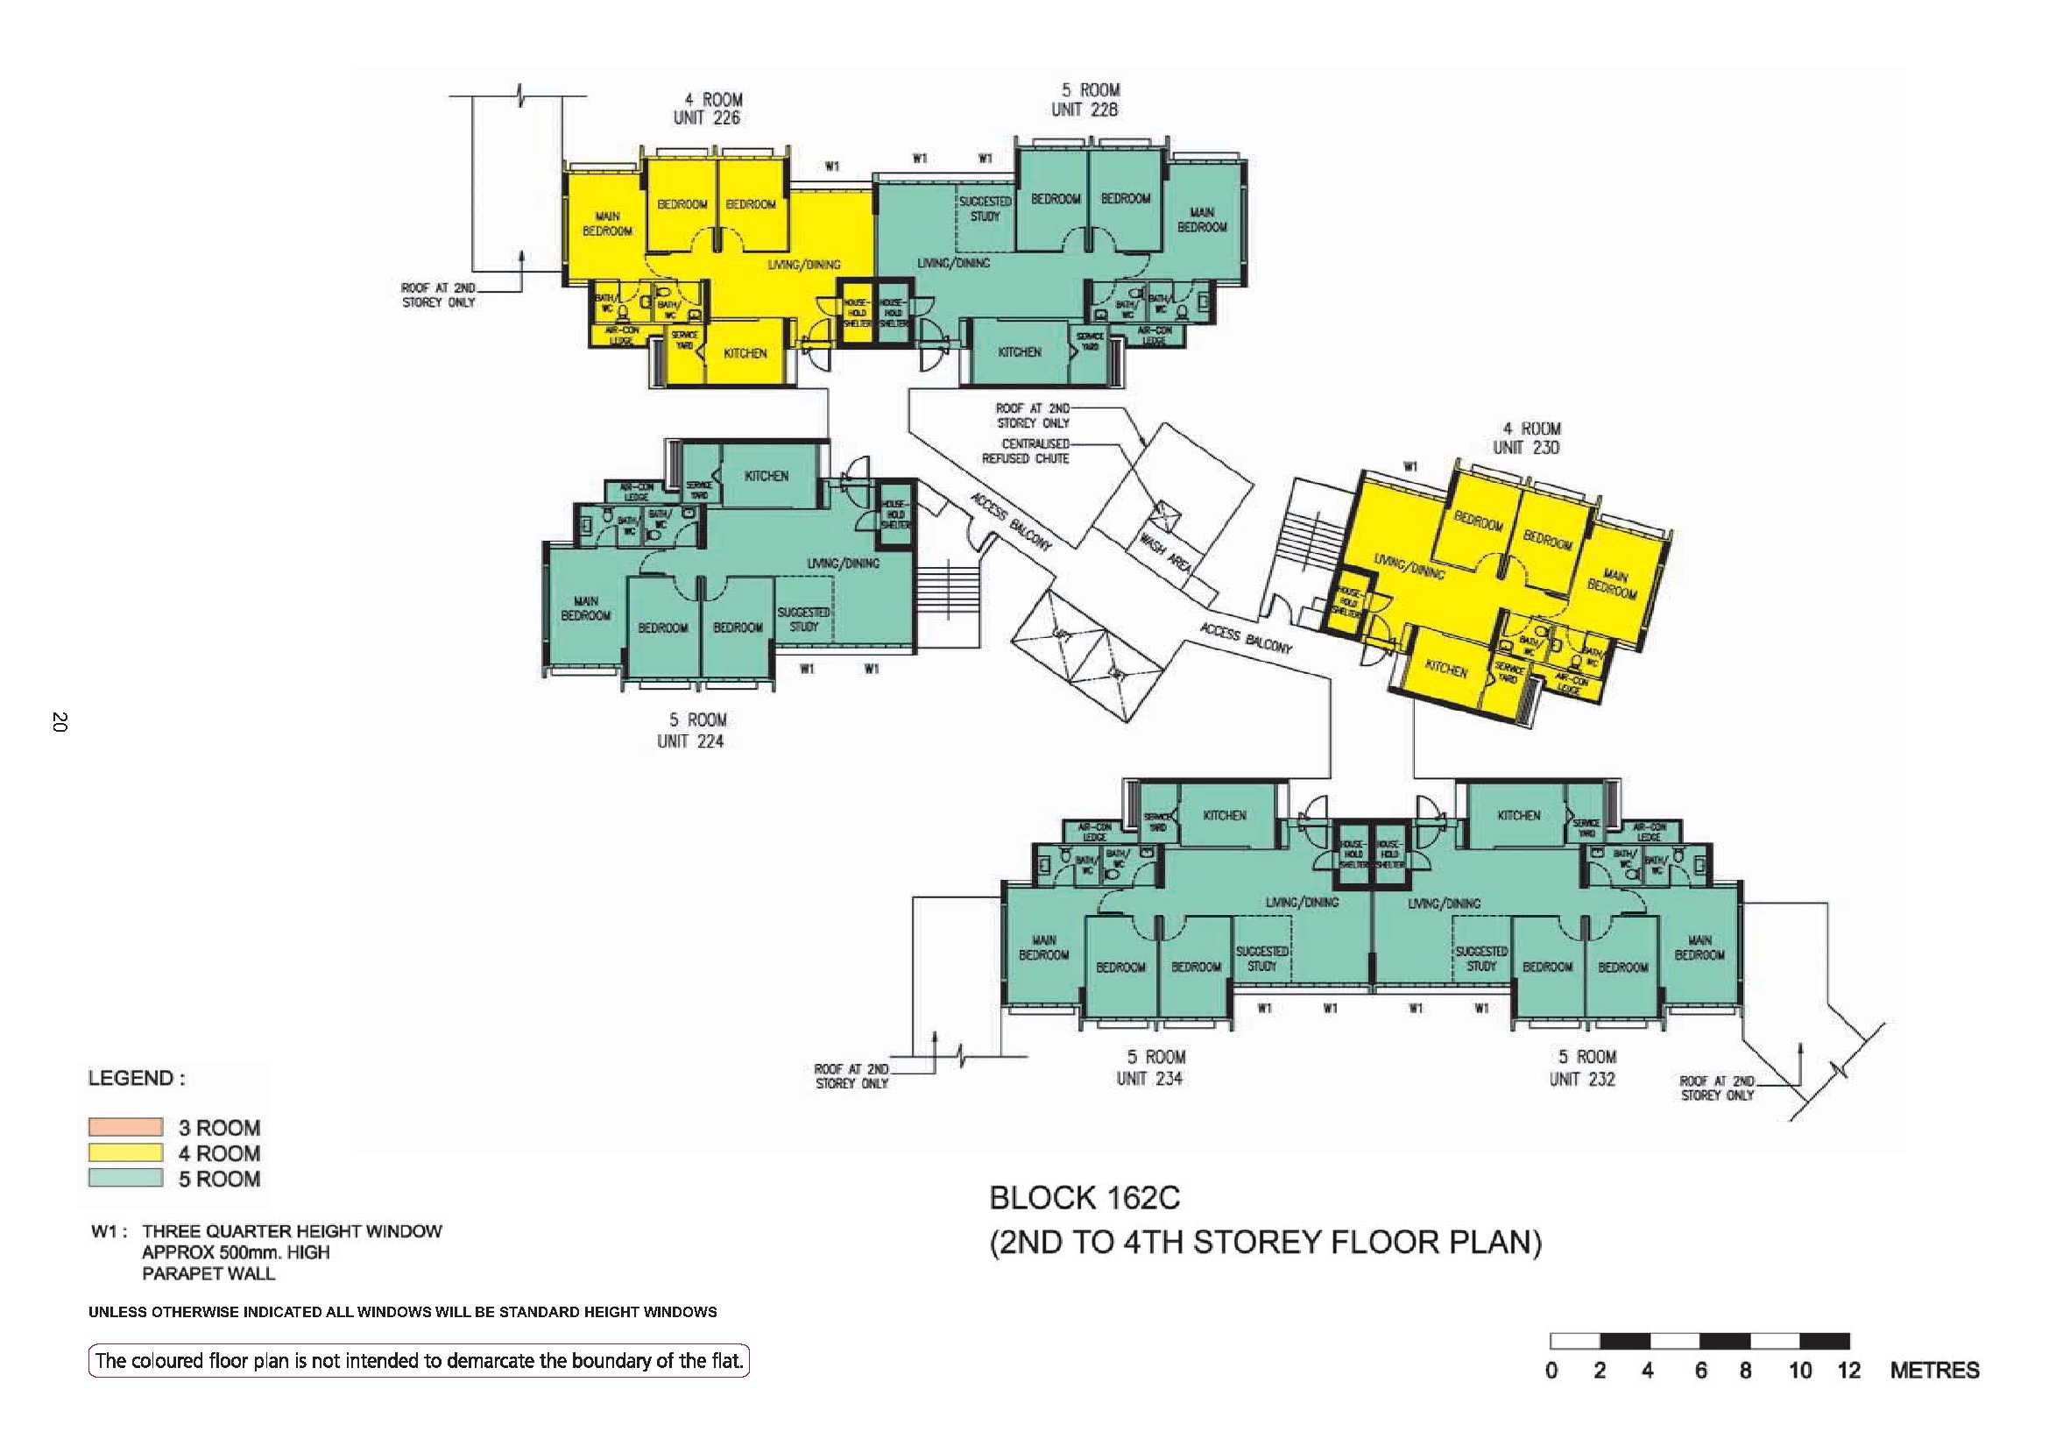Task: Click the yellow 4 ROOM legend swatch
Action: [125, 1152]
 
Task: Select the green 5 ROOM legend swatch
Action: [125, 1178]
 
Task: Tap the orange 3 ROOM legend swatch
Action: [125, 1126]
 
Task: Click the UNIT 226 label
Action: [707, 117]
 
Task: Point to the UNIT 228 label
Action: [1085, 110]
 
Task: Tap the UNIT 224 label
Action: [690, 741]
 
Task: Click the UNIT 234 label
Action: [1149, 1078]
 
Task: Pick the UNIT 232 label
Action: [1582, 1078]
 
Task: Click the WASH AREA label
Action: [1164, 551]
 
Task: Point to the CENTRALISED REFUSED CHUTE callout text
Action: [1027, 450]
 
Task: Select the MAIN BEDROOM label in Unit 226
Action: [608, 224]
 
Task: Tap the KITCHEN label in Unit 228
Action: [1019, 352]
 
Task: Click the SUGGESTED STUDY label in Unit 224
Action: [803, 620]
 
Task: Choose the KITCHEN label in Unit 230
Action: [1445, 669]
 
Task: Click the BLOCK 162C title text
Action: [1085, 1198]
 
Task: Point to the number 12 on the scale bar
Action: [1848, 1371]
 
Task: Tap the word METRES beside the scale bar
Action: [1934, 1371]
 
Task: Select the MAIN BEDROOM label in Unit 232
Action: [1699, 947]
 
